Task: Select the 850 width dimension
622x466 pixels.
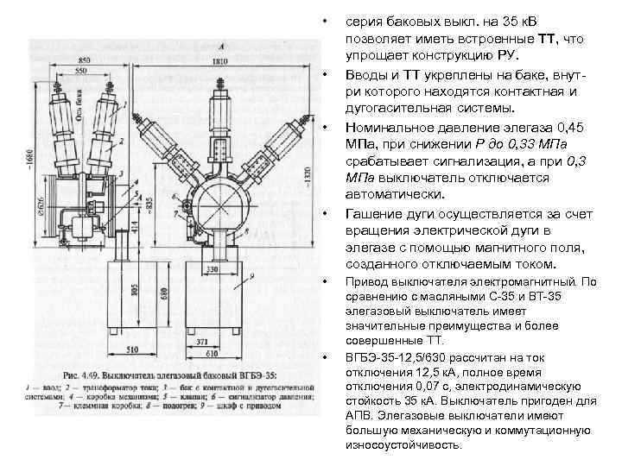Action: (x=84, y=60)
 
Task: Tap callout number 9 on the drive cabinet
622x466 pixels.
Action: (x=251, y=275)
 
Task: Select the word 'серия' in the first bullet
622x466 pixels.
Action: (x=364, y=19)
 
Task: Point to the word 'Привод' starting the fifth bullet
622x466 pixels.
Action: (x=367, y=281)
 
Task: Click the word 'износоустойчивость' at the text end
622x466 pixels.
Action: (x=403, y=446)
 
